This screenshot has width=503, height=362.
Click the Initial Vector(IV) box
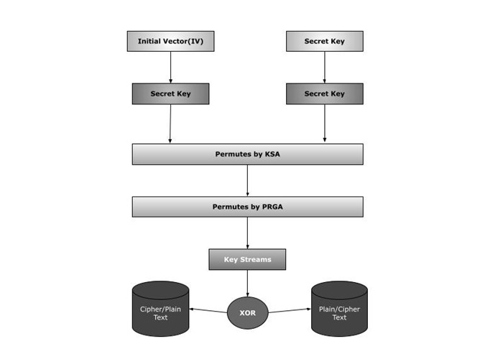point(170,41)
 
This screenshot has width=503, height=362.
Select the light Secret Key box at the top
point(324,41)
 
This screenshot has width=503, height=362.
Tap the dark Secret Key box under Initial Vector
point(170,94)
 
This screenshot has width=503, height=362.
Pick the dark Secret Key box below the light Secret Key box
point(324,94)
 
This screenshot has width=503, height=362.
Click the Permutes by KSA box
point(247,154)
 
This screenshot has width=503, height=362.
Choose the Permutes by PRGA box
point(247,207)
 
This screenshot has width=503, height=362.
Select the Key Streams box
point(247,259)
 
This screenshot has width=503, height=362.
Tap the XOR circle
point(247,313)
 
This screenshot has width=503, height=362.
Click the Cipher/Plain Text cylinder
point(160,309)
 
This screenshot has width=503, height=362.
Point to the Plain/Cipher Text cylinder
point(339,309)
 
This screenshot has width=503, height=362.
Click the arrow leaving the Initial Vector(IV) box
point(170,67)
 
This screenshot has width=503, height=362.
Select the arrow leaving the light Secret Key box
point(324,67)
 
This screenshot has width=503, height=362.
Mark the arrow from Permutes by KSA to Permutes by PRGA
point(247,180)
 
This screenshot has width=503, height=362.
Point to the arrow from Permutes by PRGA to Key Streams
point(247,232)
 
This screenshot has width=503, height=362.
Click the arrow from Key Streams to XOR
point(247,283)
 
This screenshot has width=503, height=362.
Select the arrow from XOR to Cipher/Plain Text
point(208,310)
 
